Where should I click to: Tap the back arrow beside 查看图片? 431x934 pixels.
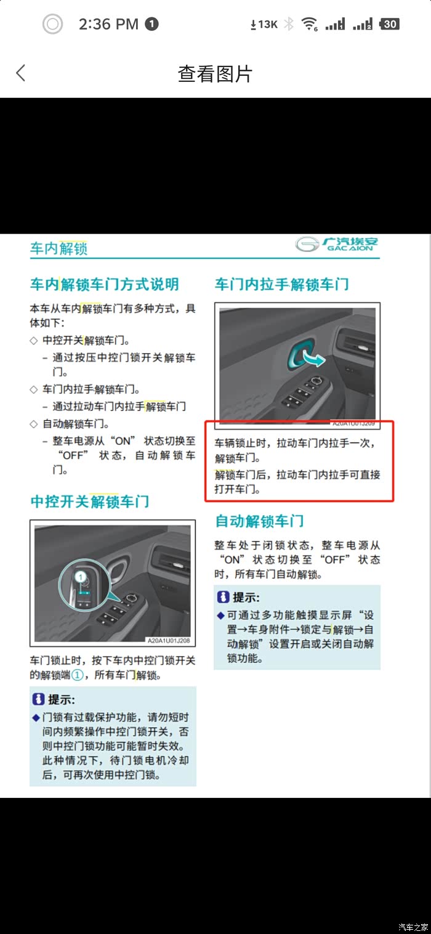(x=21, y=73)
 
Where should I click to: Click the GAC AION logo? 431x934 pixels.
(x=337, y=244)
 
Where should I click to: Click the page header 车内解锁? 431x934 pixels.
(x=58, y=248)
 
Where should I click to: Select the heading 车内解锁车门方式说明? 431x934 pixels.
(x=105, y=285)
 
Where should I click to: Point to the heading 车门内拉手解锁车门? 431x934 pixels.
(x=282, y=285)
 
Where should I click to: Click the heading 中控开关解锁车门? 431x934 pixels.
(x=90, y=501)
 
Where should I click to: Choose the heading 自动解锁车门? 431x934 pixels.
(x=259, y=521)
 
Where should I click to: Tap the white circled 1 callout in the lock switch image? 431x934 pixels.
(x=81, y=577)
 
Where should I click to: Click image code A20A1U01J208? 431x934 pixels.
(x=169, y=641)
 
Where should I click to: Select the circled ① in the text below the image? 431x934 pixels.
(x=78, y=675)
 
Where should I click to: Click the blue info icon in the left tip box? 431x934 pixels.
(x=38, y=699)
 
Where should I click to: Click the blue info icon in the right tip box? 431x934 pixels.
(x=223, y=597)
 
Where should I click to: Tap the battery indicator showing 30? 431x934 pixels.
(x=389, y=24)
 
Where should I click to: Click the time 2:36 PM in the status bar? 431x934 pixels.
(x=108, y=24)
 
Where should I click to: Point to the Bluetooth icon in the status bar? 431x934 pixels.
(x=288, y=24)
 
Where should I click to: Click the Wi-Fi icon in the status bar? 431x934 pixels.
(x=309, y=24)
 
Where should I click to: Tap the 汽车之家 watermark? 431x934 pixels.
(x=413, y=927)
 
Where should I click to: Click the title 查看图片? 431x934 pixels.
(x=215, y=74)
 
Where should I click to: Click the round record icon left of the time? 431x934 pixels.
(x=52, y=24)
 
